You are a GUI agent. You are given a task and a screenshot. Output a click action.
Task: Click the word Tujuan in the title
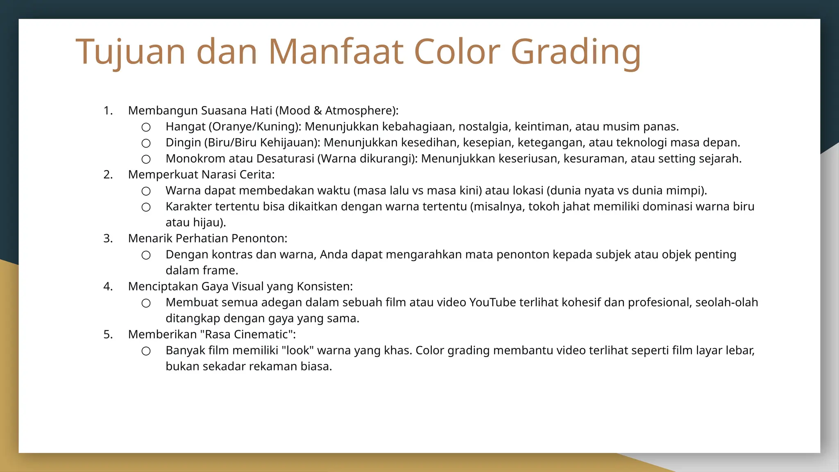[x=130, y=52]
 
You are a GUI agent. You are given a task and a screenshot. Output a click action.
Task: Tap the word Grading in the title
[x=575, y=52]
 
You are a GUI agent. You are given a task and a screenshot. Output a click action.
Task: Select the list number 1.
[x=108, y=111]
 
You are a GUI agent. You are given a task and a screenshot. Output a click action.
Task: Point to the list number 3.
[x=108, y=238]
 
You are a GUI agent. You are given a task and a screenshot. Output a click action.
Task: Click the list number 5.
[x=108, y=334]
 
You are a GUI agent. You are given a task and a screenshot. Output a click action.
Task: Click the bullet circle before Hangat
[x=146, y=127]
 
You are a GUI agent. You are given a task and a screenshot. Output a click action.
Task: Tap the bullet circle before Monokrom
[x=146, y=159]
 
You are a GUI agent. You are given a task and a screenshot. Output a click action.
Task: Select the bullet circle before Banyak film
[x=146, y=351]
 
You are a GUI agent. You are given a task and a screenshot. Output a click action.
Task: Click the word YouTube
[x=492, y=302]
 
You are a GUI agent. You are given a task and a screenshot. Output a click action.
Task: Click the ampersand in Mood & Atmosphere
[x=317, y=111]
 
